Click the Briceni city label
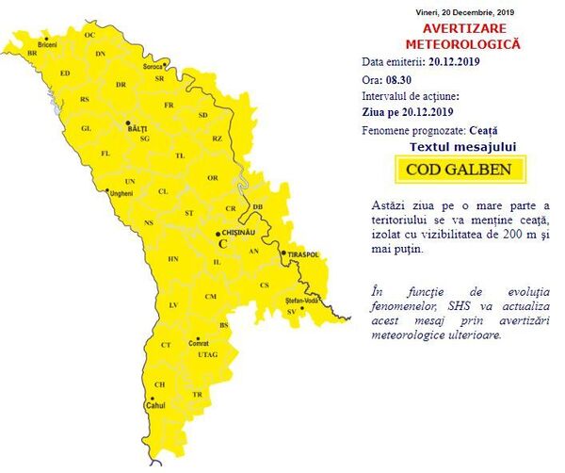pos(47,44)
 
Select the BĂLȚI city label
pos(138,123)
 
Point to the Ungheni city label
pos(122,193)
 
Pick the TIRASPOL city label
pos(303,254)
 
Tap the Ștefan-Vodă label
pos(303,301)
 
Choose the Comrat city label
pos(199,343)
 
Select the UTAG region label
pos(207,354)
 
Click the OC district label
pos(90,35)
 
